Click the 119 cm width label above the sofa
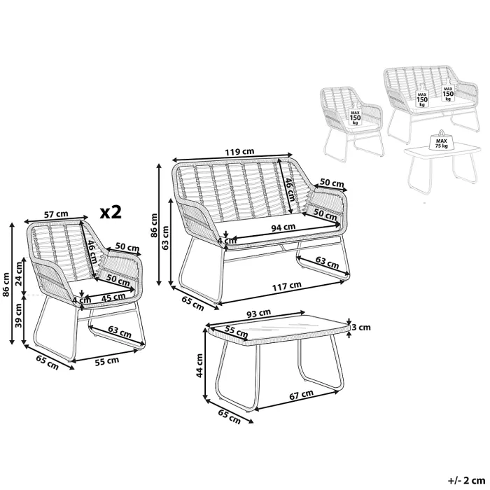(239, 151)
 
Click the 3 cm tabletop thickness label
(360, 326)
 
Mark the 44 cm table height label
(199, 364)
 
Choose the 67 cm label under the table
(302, 396)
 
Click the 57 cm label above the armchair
(56, 214)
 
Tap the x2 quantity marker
(110, 212)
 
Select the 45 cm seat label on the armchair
(108, 297)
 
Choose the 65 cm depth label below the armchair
(45, 361)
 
